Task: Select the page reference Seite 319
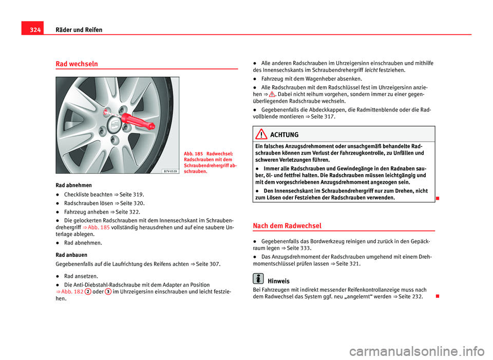click(x=134, y=195)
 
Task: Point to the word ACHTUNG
click(x=284, y=135)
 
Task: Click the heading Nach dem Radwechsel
click(x=288, y=225)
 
